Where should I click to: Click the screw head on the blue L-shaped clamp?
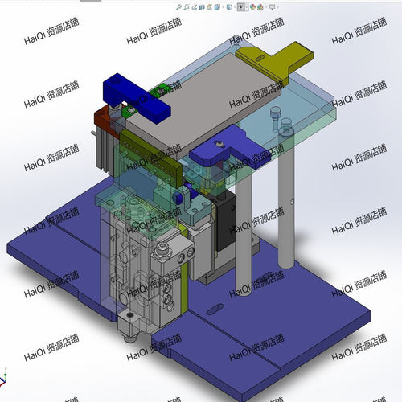point(219,145)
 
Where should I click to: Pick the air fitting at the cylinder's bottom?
point(127,326)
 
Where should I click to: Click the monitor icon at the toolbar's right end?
point(275,7)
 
